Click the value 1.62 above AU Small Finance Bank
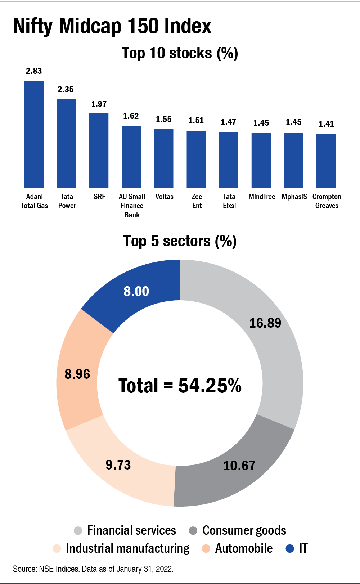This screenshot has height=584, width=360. tap(131, 116)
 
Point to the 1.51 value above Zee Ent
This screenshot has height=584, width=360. tap(196, 120)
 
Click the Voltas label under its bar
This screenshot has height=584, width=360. tap(164, 197)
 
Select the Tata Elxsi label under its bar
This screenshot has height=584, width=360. tap(229, 201)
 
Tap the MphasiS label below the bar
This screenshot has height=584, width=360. tap(294, 197)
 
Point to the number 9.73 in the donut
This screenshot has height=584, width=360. tap(118, 465)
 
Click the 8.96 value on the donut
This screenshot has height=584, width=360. tap(77, 374)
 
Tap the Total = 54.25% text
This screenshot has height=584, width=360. tap(180, 385)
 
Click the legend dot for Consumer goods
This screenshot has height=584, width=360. tap(193, 531)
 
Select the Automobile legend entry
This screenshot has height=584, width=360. tap(244, 548)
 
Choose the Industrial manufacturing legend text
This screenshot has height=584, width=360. tap(127, 548)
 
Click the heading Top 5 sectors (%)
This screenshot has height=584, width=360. tap(180, 241)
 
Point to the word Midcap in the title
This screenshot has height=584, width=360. tap(90, 26)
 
